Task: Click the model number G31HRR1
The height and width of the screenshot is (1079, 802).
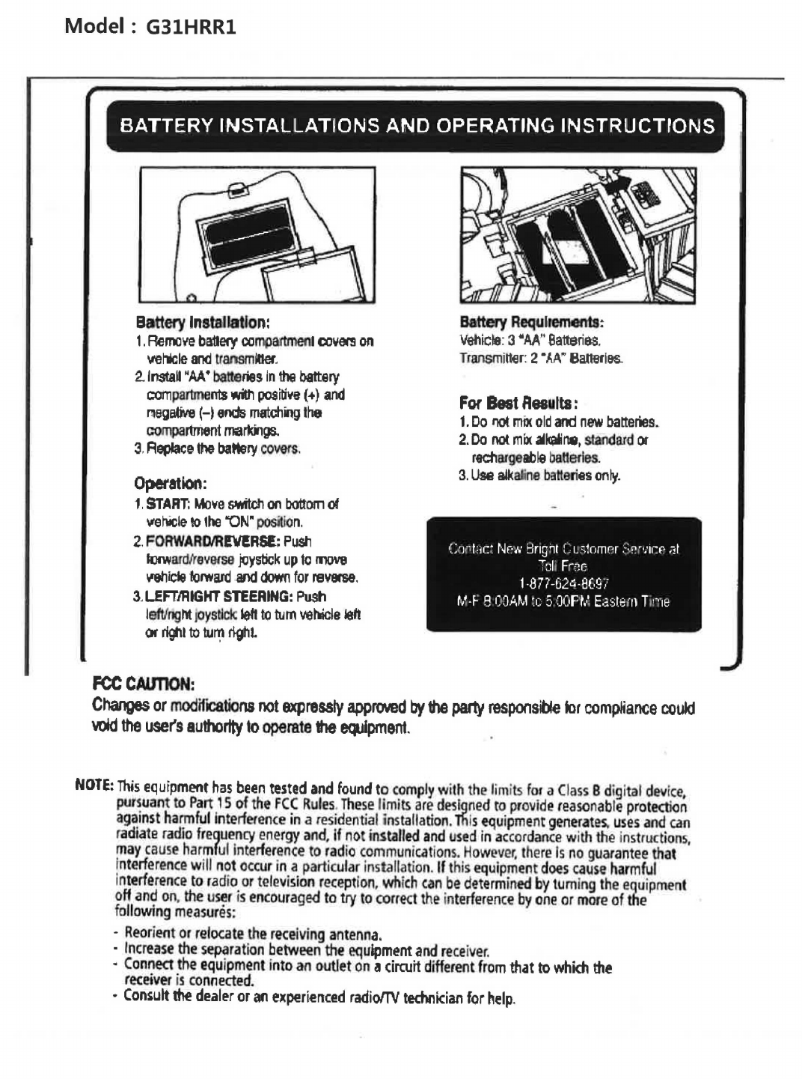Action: tap(191, 28)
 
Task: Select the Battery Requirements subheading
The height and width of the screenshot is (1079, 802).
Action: tap(532, 323)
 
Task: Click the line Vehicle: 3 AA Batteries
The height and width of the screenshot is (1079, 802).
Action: tap(531, 341)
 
